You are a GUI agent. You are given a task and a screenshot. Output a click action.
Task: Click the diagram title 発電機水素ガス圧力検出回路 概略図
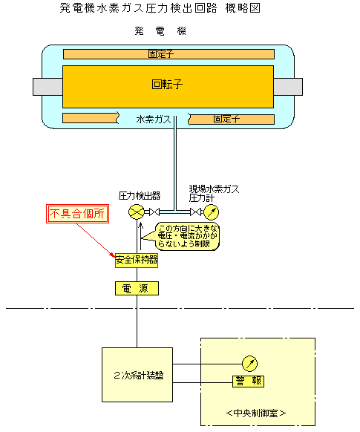point(160,8)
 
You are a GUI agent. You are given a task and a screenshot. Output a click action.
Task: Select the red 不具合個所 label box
point(77,214)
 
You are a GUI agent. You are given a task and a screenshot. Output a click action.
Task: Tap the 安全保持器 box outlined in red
point(137,260)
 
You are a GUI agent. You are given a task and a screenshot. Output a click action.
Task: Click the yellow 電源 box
point(137,289)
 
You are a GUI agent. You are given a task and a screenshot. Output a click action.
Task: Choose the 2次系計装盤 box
point(137,375)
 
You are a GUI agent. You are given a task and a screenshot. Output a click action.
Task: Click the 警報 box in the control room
point(248,382)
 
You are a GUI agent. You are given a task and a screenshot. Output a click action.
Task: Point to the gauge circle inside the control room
point(249,364)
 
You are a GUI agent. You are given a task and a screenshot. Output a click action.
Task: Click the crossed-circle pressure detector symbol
point(137,212)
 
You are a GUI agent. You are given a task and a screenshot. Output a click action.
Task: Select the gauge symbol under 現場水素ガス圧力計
point(212,212)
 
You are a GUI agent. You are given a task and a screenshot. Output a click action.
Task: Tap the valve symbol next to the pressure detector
point(154,212)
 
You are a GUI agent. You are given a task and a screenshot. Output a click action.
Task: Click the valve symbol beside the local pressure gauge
point(195,212)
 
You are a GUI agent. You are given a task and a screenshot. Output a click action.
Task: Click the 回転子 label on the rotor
point(167,84)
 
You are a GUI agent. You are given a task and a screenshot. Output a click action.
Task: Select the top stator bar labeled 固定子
point(168,54)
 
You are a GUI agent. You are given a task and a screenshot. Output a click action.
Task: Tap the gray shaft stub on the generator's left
point(48,87)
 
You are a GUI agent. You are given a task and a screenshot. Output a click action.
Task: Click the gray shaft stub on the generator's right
point(288,87)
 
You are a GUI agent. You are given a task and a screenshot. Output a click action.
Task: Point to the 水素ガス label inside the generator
point(154,120)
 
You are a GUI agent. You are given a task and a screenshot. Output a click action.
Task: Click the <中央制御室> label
point(256,413)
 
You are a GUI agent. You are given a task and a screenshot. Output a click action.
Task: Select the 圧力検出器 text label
point(140,196)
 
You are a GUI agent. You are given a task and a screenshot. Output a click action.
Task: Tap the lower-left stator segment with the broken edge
point(91,118)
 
